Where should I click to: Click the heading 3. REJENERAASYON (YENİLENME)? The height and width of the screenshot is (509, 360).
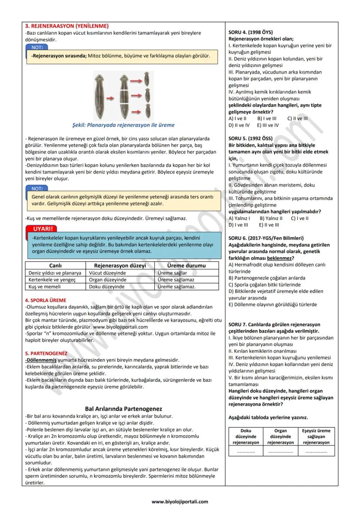click(x=67, y=26)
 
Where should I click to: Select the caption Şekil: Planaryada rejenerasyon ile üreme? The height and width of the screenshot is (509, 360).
click(x=123, y=124)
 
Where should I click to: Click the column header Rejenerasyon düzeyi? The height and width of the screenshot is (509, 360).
click(x=120, y=265)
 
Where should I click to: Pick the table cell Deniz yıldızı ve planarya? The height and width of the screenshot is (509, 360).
click(x=55, y=273)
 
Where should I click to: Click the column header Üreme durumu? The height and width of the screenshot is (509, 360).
click(x=186, y=265)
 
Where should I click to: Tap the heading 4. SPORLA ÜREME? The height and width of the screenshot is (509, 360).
click(x=46, y=300)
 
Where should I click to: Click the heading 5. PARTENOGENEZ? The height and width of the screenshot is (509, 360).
click(x=46, y=353)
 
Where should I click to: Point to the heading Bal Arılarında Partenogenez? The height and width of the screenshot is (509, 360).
click(x=123, y=409)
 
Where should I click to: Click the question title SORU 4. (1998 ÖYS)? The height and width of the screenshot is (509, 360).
click(x=250, y=32)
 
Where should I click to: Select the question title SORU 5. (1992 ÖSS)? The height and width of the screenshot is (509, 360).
click(x=250, y=138)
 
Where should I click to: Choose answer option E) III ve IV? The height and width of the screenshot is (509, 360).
click(x=268, y=125)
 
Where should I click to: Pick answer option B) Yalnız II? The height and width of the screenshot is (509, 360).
click(x=271, y=218)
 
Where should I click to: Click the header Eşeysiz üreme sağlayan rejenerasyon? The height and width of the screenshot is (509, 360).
click(x=316, y=436)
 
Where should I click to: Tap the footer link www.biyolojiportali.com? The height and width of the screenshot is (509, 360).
click(x=180, y=501)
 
